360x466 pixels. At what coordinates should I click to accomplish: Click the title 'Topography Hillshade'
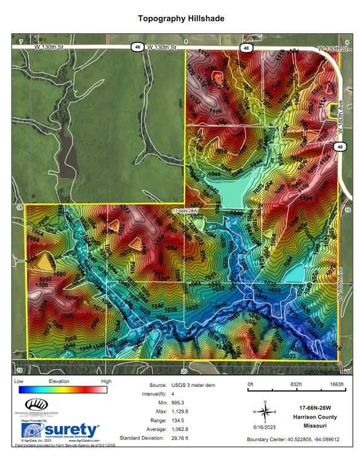tap(181, 19)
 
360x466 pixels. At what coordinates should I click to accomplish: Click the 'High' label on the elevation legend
tap(106, 382)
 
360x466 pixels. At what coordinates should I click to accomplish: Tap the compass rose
tap(264, 412)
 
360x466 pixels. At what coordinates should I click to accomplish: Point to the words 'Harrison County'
tap(318, 416)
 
